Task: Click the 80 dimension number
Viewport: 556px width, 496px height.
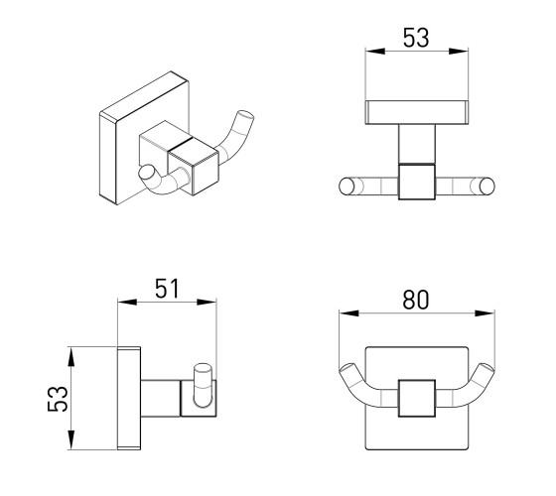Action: click(416, 300)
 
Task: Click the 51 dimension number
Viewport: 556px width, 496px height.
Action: click(168, 289)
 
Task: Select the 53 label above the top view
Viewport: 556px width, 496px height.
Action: click(416, 38)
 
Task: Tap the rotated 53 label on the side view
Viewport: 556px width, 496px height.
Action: click(58, 399)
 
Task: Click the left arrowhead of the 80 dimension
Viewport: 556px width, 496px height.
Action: click(348, 313)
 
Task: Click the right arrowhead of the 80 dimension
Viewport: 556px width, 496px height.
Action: click(485, 313)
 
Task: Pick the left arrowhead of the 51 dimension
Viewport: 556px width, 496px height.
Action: click(127, 302)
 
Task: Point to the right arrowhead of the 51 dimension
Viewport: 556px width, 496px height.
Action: click(207, 302)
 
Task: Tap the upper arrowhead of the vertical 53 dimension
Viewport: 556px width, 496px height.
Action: click(71, 357)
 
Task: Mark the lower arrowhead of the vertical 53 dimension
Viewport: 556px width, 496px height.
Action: click(71, 440)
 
